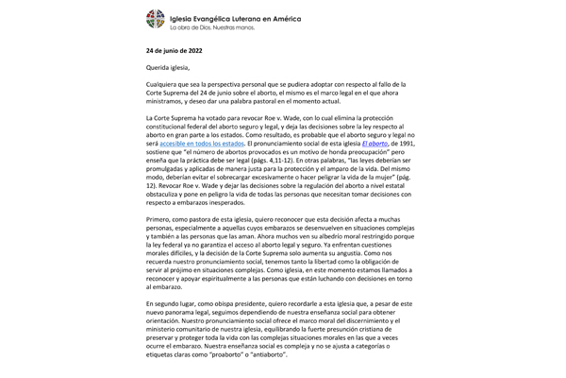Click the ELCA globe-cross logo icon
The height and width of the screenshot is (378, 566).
152,19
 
